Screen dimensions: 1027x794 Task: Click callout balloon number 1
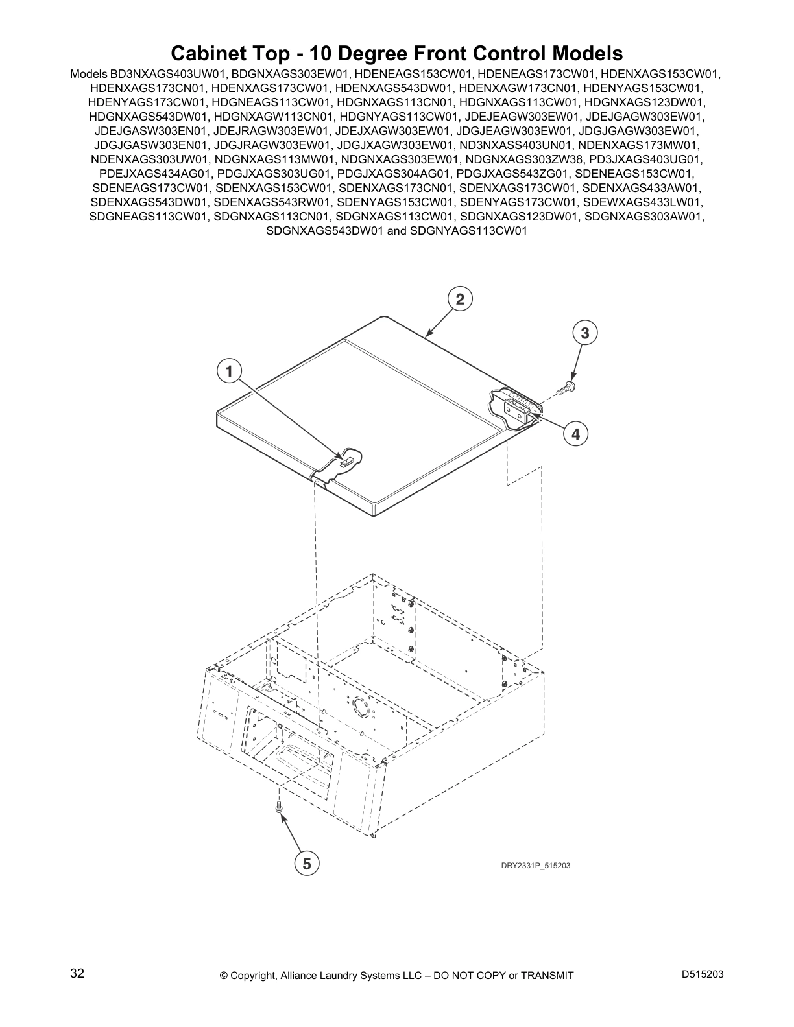coord(228,372)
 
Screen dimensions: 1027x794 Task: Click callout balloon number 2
coord(460,299)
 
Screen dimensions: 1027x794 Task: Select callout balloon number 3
coord(584,333)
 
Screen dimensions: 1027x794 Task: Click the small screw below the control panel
coord(280,808)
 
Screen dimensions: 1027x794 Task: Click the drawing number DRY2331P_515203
coord(535,866)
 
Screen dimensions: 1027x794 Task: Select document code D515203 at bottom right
coord(703,974)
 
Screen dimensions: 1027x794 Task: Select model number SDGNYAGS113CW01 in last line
coord(469,230)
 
